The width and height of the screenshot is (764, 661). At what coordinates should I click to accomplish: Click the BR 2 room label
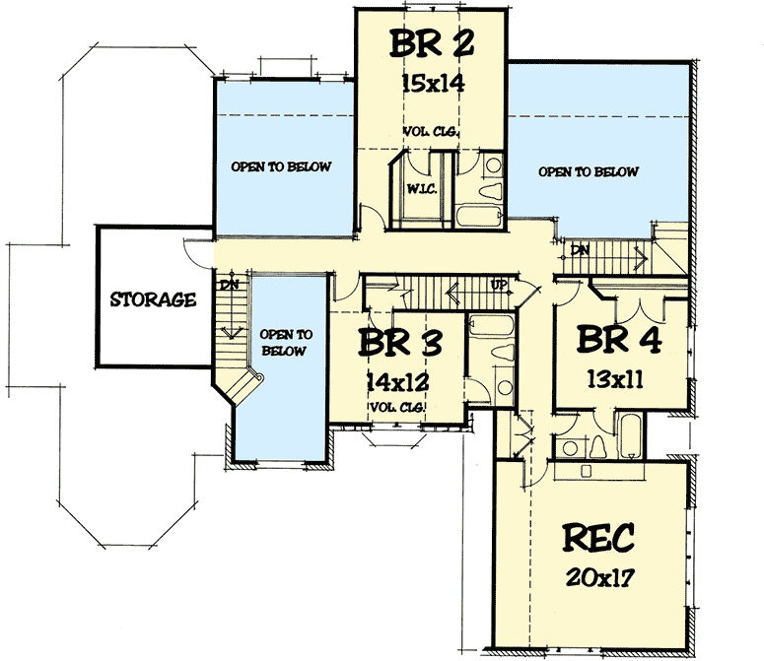pos(431,45)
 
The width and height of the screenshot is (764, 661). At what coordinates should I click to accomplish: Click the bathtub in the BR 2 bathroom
pos(476,216)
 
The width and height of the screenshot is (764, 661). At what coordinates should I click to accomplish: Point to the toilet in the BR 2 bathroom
pos(487,177)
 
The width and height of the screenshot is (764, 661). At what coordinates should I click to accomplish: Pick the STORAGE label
pos(153,299)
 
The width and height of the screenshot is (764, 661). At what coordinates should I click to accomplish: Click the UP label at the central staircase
pos(500,285)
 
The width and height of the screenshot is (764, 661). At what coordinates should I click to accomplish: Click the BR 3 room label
pos(398,344)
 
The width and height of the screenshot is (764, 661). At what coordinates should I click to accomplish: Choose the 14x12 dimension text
pos(398,382)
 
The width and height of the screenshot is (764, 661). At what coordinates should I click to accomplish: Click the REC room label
pos(598,539)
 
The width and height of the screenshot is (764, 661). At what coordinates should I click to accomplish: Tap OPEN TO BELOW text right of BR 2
pos(589,171)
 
